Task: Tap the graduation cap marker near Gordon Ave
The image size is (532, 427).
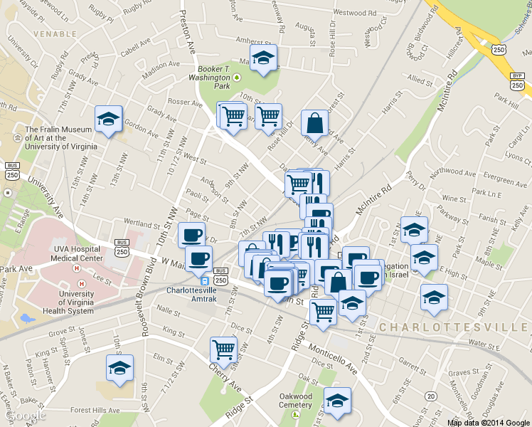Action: (x=109, y=119)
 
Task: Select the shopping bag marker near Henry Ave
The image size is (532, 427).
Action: (x=314, y=123)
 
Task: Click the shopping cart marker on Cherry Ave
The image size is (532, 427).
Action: (x=223, y=349)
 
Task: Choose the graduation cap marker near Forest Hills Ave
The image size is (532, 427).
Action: (x=119, y=368)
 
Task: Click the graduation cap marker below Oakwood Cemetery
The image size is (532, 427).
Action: (x=337, y=401)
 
